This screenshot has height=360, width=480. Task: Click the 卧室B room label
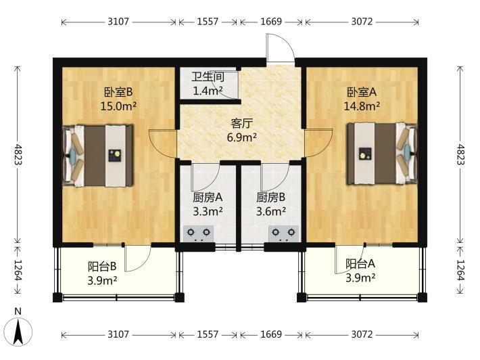pyautogui.click(x=118, y=91)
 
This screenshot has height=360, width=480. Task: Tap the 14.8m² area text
pyautogui.click(x=362, y=106)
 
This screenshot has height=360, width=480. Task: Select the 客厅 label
pyautogui.click(x=242, y=123)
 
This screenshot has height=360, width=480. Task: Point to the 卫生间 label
pyautogui.click(x=208, y=76)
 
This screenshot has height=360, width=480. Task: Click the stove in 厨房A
pyautogui.click(x=199, y=233)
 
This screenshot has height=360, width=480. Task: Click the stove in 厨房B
pyautogui.click(x=283, y=233)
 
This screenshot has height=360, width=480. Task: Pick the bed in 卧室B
pyautogui.click(x=98, y=156)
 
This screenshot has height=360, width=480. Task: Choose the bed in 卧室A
pyautogui.click(x=382, y=154)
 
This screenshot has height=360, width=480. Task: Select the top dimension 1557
pyautogui.click(x=208, y=22)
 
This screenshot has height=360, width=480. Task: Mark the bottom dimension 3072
pyautogui.click(x=362, y=334)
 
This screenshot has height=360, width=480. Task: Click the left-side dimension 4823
pyautogui.click(x=18, y=154)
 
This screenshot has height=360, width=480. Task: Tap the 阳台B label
pyautogui.click(x=102, y=266)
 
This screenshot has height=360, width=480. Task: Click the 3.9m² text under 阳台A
pyautogui.click(x=360, y=278)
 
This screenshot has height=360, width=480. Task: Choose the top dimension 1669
pyautogui.click(x=271, y=22)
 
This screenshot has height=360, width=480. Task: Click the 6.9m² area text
pyautogui.click(x=242, y=137)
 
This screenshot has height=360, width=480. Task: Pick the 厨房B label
pyautogui.click(x=271, y=198)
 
